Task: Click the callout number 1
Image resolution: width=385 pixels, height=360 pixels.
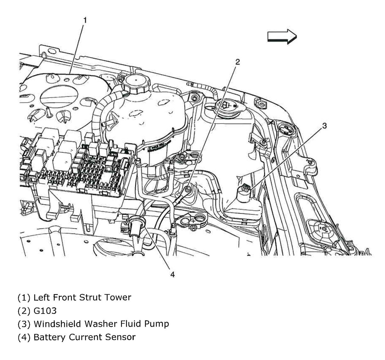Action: [85, 20]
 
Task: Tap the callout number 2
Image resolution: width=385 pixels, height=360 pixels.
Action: [237, 62]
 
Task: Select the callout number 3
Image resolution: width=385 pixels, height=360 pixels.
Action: [324, 126]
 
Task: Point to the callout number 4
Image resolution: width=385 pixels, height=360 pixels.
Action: [172, 274]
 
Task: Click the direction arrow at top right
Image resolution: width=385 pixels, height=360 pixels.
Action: [282, 37]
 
